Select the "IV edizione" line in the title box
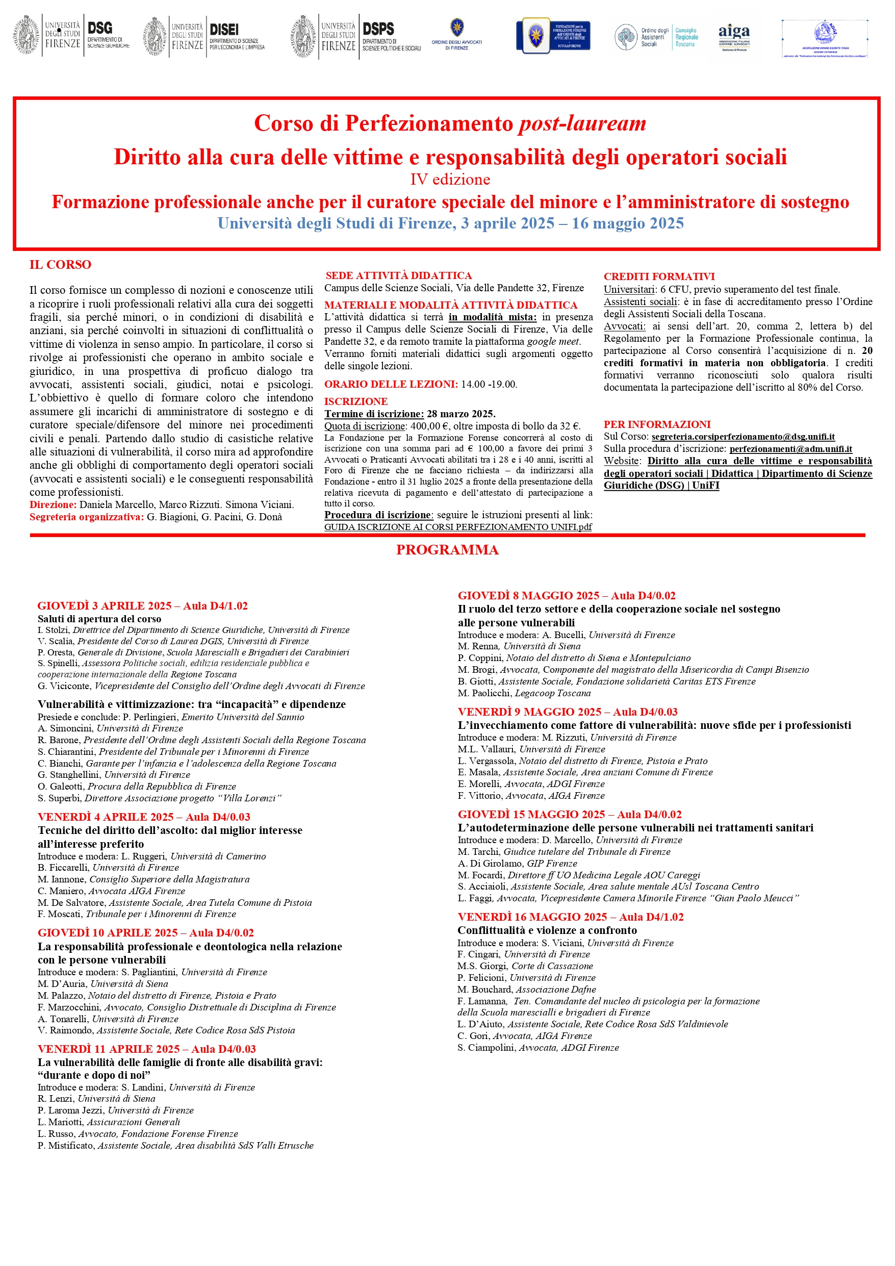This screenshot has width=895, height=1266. [x=450, y=180]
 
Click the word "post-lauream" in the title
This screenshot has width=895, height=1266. [x=582, y=123]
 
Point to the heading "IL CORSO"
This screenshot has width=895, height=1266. [x=60, y=265]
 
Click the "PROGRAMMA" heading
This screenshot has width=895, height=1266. [x=447, y=550]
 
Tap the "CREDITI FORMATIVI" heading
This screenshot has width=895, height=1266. [x=659, y=276]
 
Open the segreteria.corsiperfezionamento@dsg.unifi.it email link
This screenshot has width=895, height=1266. [x=743, y=437]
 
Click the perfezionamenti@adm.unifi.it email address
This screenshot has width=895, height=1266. [x=791, y=449]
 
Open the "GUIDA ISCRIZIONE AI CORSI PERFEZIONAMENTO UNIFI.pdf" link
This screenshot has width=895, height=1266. [x=458, y=526]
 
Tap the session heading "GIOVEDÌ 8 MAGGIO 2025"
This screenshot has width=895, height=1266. [x=528, y=595]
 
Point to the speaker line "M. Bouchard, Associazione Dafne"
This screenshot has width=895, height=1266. [x=526, y=989]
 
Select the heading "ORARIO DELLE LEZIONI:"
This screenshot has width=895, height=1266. [x=391, y=384]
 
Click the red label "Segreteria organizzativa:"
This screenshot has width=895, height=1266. [x=87, y=517]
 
